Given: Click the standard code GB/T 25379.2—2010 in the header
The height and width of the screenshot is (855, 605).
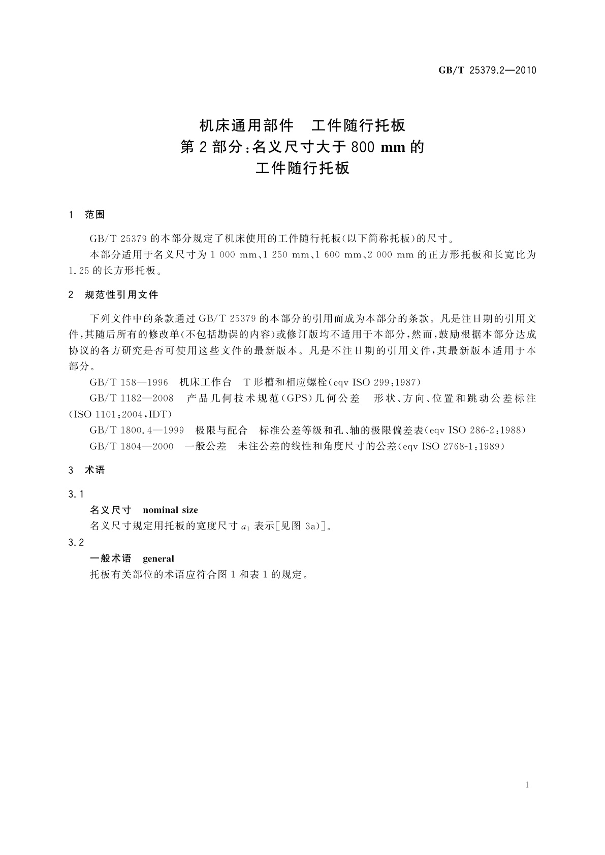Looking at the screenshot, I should point(487,71).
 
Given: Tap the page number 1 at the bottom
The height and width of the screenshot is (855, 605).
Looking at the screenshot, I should point(527,785).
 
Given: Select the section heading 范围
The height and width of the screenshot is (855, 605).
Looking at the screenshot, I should point(94,215).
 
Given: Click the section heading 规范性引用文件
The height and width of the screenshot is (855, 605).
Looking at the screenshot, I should point(121,295).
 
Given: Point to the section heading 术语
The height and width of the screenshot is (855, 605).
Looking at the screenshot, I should point(94,470).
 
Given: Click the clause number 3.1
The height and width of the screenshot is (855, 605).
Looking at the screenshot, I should point(76,494).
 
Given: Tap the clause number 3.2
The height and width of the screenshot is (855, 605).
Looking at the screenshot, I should point(76,542).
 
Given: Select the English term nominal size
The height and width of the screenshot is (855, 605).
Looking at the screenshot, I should point(171,510).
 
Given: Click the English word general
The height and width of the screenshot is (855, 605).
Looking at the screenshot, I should point(158,558).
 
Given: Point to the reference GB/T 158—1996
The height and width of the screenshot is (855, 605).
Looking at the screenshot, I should point(129,382).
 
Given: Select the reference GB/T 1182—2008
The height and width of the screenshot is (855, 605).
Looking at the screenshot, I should point(131,399).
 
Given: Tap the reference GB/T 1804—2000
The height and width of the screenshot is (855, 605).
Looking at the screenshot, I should point(131,447).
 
